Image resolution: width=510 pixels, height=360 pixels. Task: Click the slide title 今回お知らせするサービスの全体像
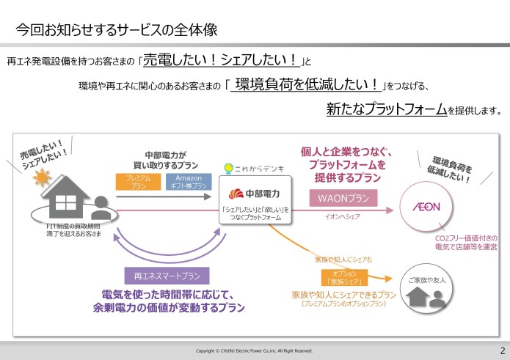[x=117, y=30]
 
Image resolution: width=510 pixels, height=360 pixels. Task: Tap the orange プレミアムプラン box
[x=138, y=182]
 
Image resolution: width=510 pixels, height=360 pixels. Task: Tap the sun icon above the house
[x=41, y=177]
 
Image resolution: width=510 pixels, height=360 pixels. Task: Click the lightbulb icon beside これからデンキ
[x=228, y=169]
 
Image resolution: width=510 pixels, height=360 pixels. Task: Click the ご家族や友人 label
[x=428, y=281]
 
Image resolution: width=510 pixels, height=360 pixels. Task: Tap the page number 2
[x=502, y=350]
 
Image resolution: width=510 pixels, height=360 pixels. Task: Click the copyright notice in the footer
[x=255, y=351]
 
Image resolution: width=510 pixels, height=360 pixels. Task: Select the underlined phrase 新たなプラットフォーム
[x=386, y=110]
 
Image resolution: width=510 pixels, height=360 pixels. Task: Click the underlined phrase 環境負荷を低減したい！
[x=307, y=84]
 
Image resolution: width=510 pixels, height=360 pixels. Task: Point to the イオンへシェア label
[x=342, y=217]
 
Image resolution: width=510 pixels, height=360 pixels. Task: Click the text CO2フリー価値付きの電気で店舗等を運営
[x=466, y=243]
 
